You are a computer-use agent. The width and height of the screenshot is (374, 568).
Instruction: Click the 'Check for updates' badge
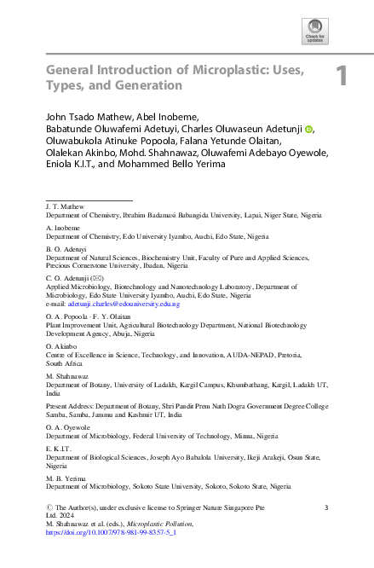point(314,32)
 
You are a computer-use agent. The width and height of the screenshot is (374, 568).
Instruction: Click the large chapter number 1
point(342,77)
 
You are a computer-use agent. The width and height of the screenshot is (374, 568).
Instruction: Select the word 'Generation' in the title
point(151,85)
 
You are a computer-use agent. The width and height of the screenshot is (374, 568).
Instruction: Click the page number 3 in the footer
point(326,508)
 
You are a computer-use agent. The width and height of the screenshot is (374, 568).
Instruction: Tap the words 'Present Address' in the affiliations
point(72,406)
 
